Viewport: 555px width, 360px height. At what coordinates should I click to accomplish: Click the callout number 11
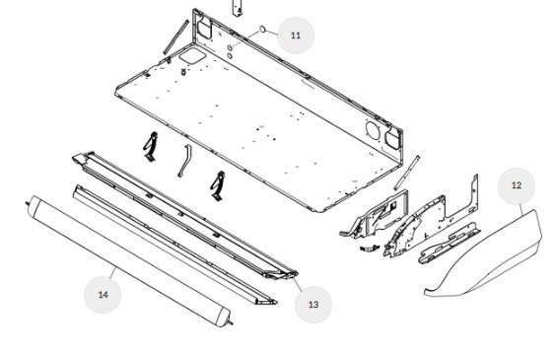pyautogui.click(x=295, y=36)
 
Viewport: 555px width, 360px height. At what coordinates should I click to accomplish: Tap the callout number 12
pyautogui.click(x=517, y=185)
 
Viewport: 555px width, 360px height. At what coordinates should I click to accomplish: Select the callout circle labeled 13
pyautogui.click(x=313, y=305)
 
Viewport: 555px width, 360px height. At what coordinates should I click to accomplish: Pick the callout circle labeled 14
pyautogui.click(x=103, y=295)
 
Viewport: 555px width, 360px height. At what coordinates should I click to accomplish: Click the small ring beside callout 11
pyautogui.click(x=262, y=30)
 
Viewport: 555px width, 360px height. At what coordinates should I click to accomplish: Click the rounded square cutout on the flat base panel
pyautogui.click(x=192, y=57)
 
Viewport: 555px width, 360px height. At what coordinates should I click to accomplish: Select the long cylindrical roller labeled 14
pyautogui.click(x=129, y=261)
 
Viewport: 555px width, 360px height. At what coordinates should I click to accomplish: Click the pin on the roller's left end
pyautogui.click(x=28, y=203)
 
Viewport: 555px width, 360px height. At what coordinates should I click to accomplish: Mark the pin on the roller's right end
pyautogui.click(x=230, y=323)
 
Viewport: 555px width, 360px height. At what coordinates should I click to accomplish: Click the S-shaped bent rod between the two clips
pyautogui.click(x=184, y=161)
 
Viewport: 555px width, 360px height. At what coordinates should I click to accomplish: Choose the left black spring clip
pyautogui.click(x=151, y=147)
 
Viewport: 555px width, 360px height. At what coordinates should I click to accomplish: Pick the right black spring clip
pyautogui.click(x=218, y=186)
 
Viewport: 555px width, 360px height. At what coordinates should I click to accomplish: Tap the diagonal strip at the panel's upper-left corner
pyautogui.click(x=175, y=37)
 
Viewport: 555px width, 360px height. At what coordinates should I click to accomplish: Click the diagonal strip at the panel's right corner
pyautogui.click(x=407, y=173)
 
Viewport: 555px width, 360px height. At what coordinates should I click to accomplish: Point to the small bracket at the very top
pyautogui.click(x=238, y=8)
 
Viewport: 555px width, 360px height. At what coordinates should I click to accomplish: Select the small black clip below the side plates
pyautogui.click(x=369, y=248)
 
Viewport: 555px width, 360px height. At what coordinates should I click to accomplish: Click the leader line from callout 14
pyautogui.click(x=112, y=272)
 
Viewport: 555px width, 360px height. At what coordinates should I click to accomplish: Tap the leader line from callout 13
pyautogui.click(x=298, y=284)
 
